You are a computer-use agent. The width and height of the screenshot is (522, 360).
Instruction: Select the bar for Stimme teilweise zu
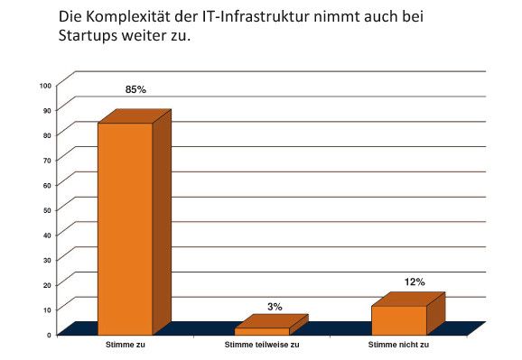point(262,330)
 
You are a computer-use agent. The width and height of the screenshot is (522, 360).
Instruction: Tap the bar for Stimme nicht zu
point(398,319)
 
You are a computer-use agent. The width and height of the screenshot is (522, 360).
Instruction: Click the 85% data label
point(135,90)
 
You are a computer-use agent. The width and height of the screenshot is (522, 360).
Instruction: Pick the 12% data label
point(415,282)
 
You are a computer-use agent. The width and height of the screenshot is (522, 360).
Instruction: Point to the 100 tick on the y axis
point(45,86)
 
